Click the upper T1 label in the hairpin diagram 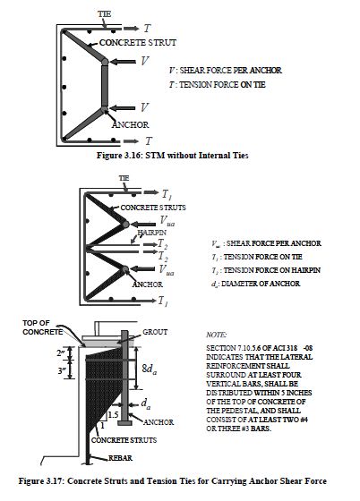click(165, 193)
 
